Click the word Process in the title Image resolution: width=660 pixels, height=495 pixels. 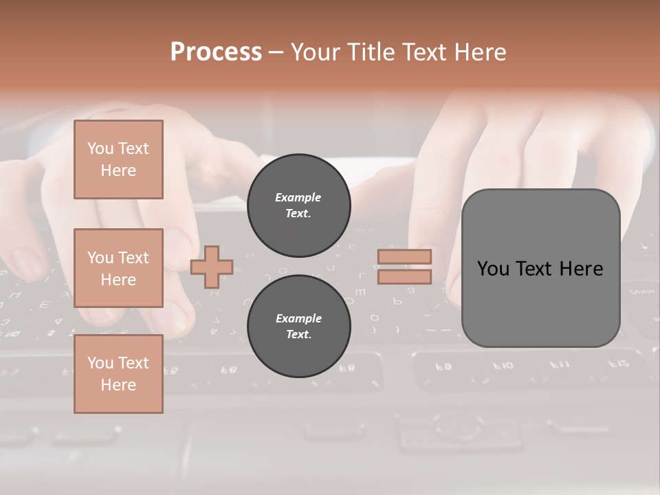tap(216, 52)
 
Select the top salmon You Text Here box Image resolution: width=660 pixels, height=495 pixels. tap(118, 159)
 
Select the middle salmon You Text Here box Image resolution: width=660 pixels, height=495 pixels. tap(118, 268)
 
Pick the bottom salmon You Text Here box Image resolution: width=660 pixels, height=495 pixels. tap(118, 373)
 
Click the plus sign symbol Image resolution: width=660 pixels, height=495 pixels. tap(212, 267)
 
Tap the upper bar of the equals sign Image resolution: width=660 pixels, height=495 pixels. tap(404, 256)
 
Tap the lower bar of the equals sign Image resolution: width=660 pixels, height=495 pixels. tap(404, 276)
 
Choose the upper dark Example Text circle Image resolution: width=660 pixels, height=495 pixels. tap(299, 205)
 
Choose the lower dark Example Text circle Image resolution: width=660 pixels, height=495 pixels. tap(299, 326)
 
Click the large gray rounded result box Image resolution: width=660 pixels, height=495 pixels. tap(540, 268)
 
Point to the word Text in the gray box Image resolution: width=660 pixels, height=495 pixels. tap(538, 269)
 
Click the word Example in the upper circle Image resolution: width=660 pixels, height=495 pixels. tap(298, 197)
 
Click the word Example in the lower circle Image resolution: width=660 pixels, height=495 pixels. tap(298, 318)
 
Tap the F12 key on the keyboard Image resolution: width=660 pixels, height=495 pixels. tap(618, 364)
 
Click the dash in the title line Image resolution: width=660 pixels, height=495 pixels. tap(276, 52)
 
